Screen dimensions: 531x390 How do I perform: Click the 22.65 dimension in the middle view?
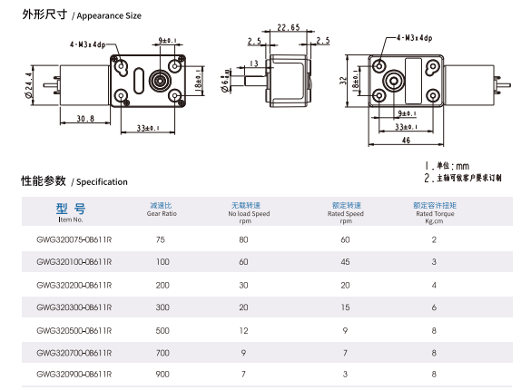289,27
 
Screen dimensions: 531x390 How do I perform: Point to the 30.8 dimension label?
85,119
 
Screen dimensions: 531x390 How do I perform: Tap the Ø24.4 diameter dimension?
28,85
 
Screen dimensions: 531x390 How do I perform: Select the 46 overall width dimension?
406,140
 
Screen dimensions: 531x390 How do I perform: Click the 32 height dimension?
343,81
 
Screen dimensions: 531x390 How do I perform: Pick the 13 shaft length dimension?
253,63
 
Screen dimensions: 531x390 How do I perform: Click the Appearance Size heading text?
109,16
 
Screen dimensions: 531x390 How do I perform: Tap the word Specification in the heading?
102,182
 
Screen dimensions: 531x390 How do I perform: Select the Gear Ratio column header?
162,214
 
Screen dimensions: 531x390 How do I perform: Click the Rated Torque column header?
435,214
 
